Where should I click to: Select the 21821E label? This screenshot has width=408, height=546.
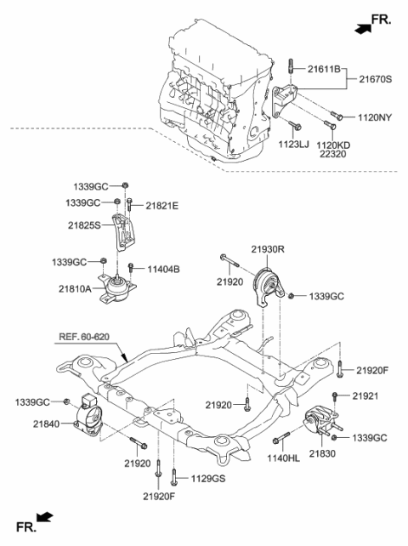(x=161, y=206)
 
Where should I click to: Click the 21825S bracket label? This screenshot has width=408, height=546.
(x=85, y=225)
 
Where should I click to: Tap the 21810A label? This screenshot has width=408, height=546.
(x=77, y=290)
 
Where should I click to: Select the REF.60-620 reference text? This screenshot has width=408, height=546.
(x=86, y=338)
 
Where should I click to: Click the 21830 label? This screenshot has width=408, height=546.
(x=322, y=456)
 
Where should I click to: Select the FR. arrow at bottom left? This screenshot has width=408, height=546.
(x=36, y=525)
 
